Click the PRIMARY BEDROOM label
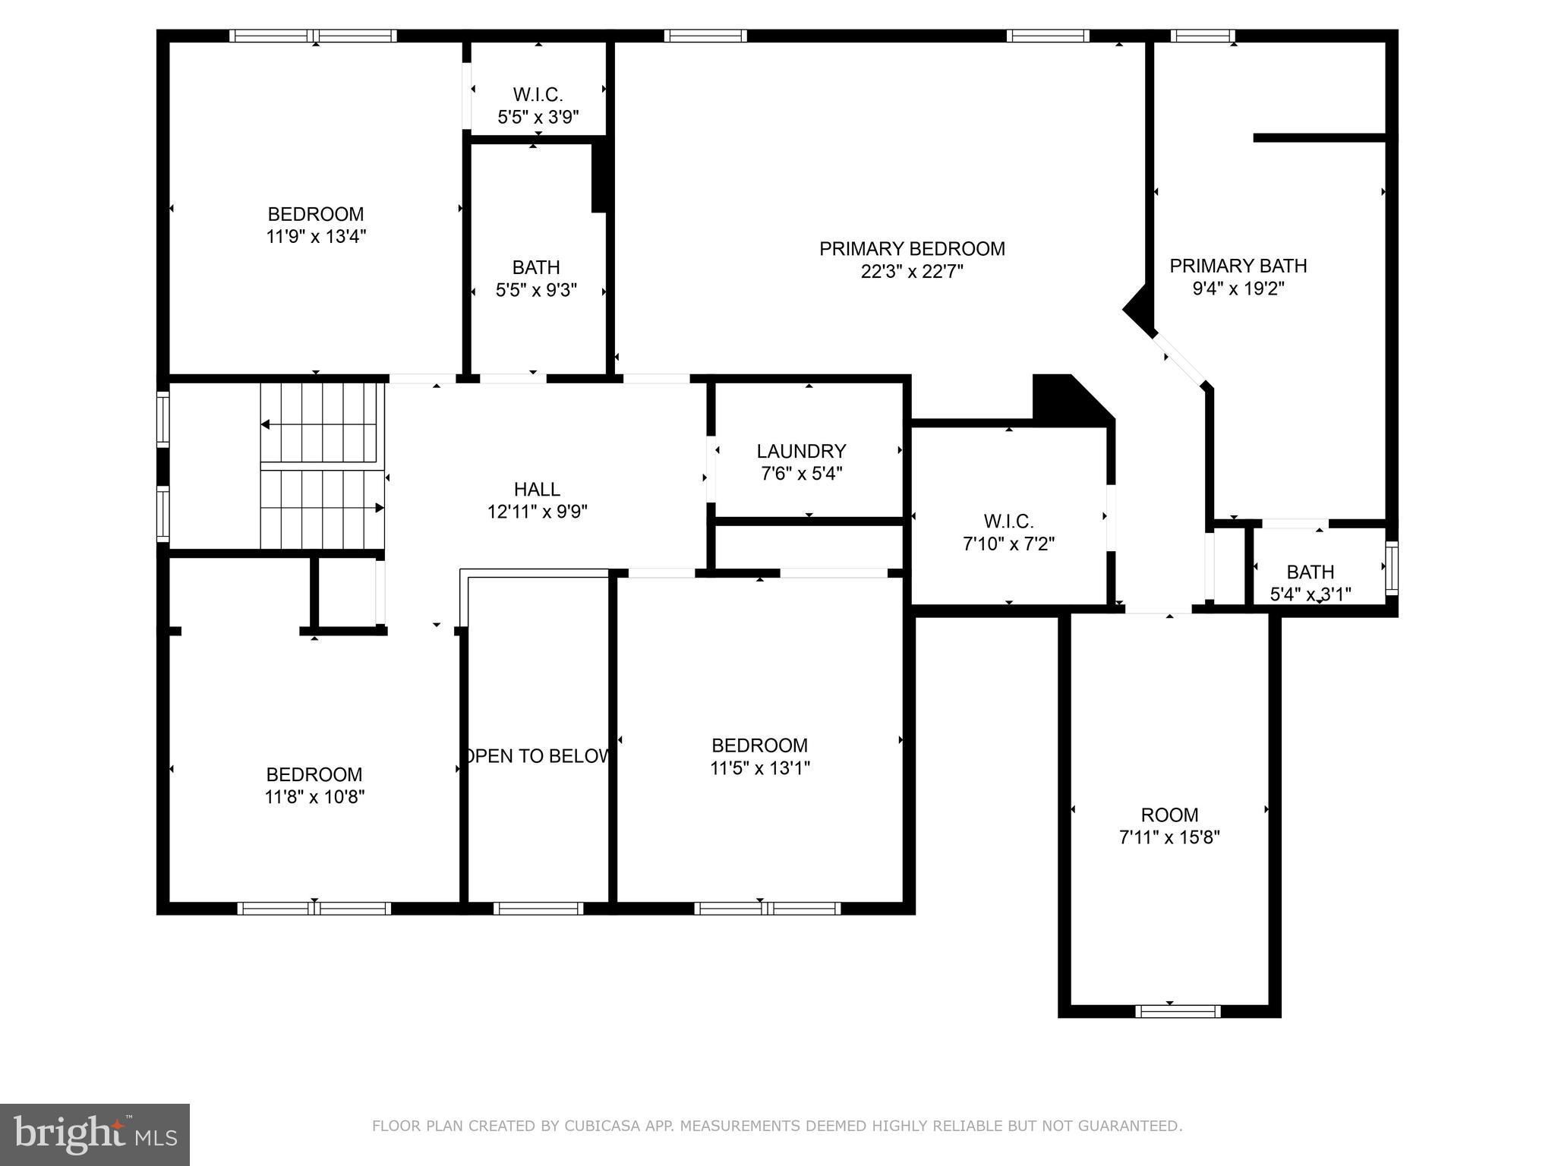tap(912, 249)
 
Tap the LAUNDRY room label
tap(801, 452)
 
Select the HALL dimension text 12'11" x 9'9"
tap(537, 512)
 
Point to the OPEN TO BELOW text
tap(537, 756)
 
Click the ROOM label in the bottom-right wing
tap(1169, 815)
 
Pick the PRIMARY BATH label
tap(1238, 266)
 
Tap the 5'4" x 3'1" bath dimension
tap(1311, 594)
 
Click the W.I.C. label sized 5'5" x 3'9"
tap(538, 95)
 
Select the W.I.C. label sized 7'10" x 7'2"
tap(1008, 522)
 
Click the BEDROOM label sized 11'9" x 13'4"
tap(315, 214)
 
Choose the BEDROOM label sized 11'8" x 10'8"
tap(314, 775)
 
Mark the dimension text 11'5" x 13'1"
tap(759, 768)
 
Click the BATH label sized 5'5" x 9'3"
tap(536, 267)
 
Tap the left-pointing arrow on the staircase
tap(267, 424)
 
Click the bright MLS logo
tap(95, 1134)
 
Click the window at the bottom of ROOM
tap(1178, 1011)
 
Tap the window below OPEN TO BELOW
tap(538, 908)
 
